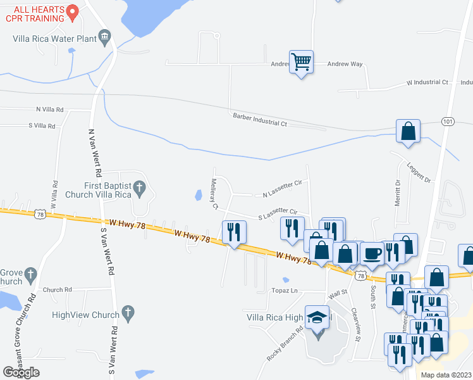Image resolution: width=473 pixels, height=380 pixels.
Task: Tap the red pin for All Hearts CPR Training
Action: tap(72, 11)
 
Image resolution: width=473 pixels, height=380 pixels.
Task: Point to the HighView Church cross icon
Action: tap(128, 312)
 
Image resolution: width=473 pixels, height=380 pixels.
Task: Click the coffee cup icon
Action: tap(371, 253)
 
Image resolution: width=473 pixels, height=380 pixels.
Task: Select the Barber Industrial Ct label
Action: tap(259, 119)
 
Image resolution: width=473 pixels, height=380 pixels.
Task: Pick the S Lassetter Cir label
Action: tap(278, 214)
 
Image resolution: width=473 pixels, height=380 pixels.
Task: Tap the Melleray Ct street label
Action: tap(214, 194)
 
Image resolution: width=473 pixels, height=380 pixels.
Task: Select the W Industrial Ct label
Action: tap(427, 83)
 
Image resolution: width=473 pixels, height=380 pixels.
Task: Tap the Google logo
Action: tap(21, 372)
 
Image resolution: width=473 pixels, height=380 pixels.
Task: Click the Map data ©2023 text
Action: tap(446, 375)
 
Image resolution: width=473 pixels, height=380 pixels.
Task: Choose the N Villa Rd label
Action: tap(51, 110)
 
